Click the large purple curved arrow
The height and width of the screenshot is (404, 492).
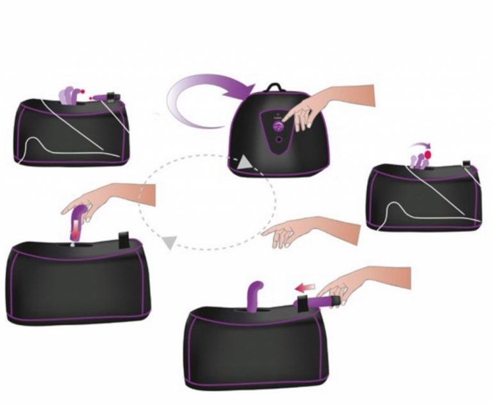(x=192, y=96)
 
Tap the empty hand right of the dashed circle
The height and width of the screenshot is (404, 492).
(x=301, y=230)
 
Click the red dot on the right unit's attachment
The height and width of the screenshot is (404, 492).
(x=428, y=155)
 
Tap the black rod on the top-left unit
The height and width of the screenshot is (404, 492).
(x=105, y=97)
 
